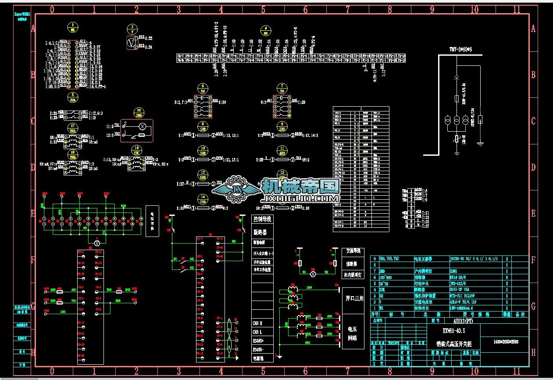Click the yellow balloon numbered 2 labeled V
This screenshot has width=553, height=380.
coord(132,29)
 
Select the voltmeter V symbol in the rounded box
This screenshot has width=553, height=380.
coord(130,42)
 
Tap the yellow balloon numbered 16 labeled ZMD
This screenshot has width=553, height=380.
coord(139,111)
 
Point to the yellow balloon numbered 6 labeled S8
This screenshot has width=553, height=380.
coord(202,87)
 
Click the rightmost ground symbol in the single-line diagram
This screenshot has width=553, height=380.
coord(480,143)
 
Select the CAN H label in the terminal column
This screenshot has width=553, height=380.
coord(257,323)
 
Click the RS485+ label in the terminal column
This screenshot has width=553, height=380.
coord(259,340)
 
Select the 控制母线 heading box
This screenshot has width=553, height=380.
coord(262,219)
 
